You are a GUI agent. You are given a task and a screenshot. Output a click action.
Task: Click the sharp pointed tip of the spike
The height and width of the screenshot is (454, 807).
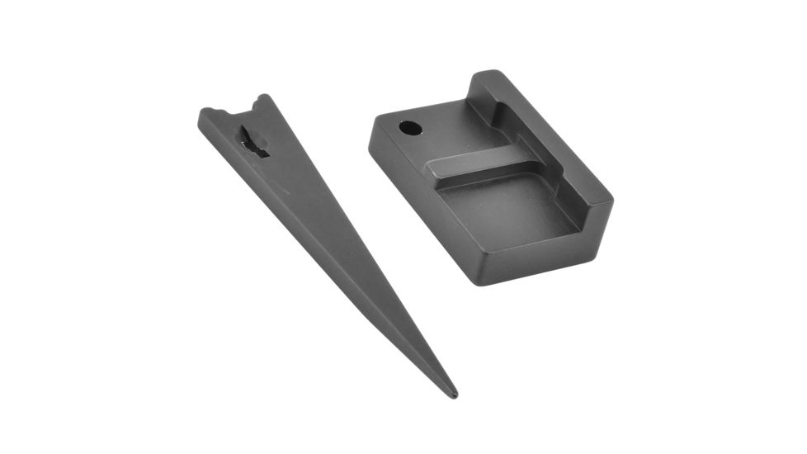[x=454, y=395]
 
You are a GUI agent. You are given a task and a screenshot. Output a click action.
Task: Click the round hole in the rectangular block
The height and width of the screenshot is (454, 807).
[x=409, y=128]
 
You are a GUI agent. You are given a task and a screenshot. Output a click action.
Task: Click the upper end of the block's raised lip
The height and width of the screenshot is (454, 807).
[x=487, y=78]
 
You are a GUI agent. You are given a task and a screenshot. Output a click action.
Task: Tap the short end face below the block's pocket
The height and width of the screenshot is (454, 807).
[x=545, y=256]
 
